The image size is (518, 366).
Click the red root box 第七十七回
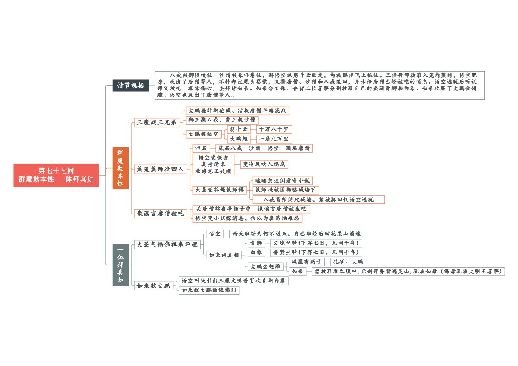click(56, 175)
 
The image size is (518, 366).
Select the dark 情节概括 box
click(130, 86)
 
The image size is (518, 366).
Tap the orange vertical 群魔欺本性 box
click(120, 168)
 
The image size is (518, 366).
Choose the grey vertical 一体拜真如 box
click(120, 265)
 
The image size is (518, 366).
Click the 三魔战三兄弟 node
click(157, 122)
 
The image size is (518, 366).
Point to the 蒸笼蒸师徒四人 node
click(160, 169)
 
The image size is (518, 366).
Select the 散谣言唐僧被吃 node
click(160, 214)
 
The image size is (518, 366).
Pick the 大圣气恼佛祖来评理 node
click(167, 245)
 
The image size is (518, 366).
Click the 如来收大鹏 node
click(154, 286)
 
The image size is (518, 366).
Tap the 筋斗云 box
click(239, 129)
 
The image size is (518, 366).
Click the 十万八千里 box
click(274, 129)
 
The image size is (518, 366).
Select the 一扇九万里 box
click(274, 139)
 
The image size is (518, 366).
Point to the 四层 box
click(201, 148)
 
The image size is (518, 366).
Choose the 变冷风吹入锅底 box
click(264, 164)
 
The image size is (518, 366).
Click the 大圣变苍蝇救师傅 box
click(220, 190)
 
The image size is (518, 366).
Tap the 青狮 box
click(257, 243)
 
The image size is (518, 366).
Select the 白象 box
click(257, 253)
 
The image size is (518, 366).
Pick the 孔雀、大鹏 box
click(348, 262)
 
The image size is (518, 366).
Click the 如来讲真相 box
click(224, 255)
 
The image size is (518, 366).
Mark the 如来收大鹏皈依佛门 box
click(209, 290)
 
